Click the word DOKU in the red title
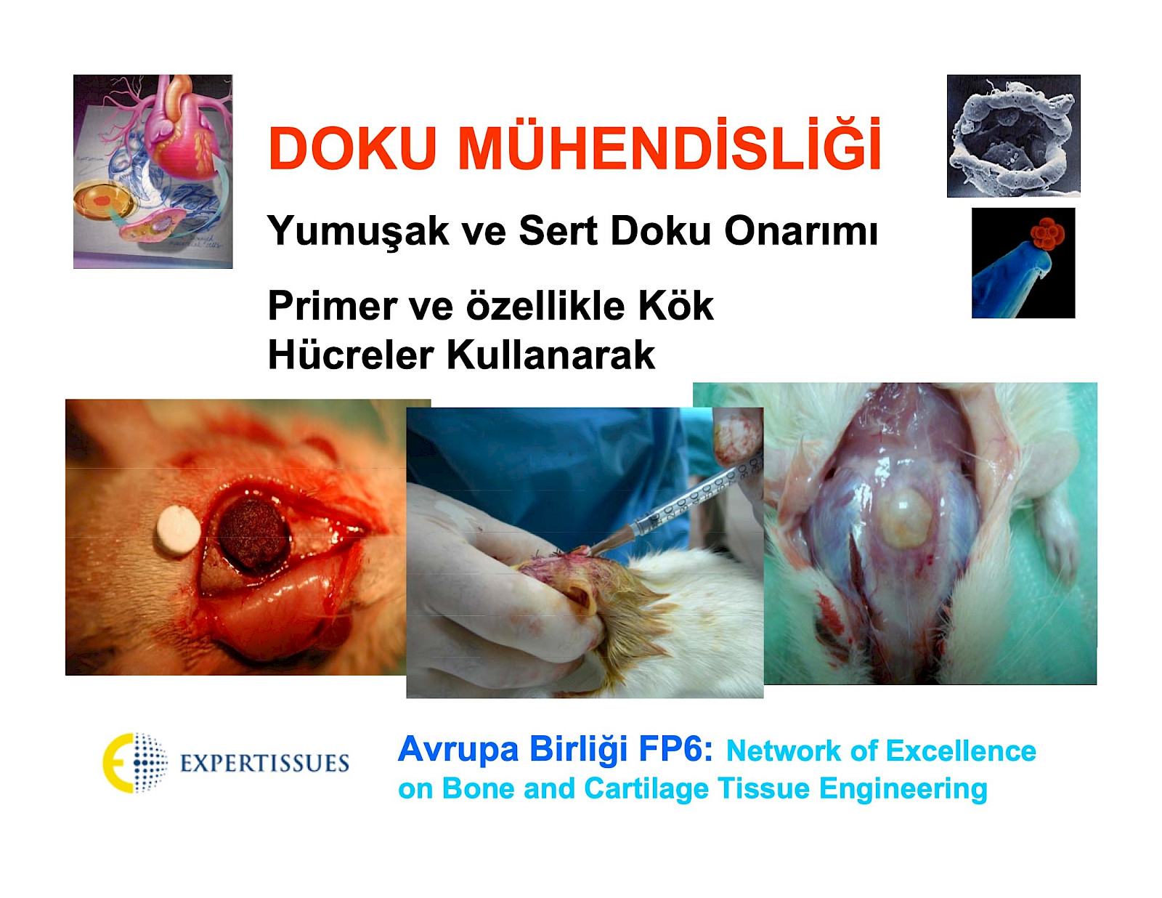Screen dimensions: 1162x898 click(352, 148)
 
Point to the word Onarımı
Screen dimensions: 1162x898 click(800, 230)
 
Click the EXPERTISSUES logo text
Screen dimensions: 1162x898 click(264, 763)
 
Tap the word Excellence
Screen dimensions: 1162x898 click(961, 751)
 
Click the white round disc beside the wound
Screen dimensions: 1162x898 click(179, 530)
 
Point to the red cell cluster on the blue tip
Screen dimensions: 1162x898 click(1047, 234)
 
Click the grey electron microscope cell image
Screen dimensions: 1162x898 click(1013, 136)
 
